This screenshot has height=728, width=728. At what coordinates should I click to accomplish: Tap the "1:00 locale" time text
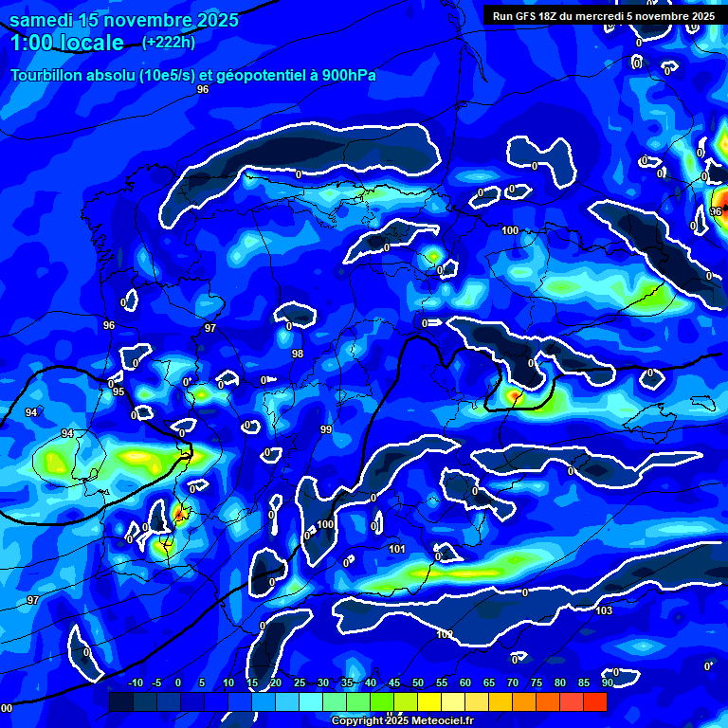tap(67, 43)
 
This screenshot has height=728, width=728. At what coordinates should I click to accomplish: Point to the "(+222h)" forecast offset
tap(169, 42)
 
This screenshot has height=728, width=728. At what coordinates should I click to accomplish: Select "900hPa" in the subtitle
tap(342, 76)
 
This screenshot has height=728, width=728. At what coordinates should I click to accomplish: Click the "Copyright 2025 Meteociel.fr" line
tap(402, 720)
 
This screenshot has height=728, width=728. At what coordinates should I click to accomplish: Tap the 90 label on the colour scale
tap(607, 682)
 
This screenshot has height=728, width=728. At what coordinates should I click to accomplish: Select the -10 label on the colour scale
tap(135, 682)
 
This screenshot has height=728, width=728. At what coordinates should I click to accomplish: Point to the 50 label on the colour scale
tap(418, 682)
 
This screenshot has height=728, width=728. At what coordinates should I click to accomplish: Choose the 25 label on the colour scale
tap(300, 682)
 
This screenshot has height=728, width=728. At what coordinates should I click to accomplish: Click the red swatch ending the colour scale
tap(595, 701)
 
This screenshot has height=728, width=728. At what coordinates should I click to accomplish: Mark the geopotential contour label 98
tap(298, 354)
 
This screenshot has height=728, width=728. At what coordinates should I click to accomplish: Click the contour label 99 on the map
tap(326, 429)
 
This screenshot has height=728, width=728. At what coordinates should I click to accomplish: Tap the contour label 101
tap(397, 549)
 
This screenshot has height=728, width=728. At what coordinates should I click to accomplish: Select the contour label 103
tap(604, 610)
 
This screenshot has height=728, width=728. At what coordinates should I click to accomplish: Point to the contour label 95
tap(118, 391)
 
